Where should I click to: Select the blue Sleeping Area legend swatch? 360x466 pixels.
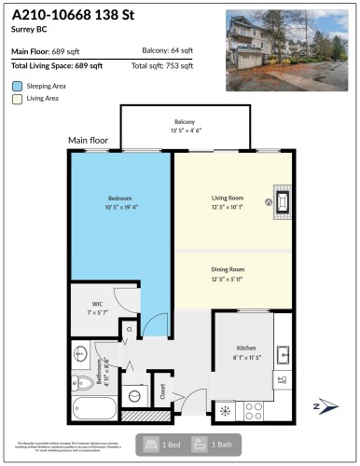18,85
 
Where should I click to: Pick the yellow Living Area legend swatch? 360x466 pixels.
18,99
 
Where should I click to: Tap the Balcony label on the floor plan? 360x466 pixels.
185,123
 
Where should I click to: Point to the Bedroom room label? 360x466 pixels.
118,199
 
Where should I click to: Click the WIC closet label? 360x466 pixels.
97,304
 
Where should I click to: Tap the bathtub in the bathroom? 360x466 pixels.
92,407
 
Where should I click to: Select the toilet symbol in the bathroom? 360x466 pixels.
81,381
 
